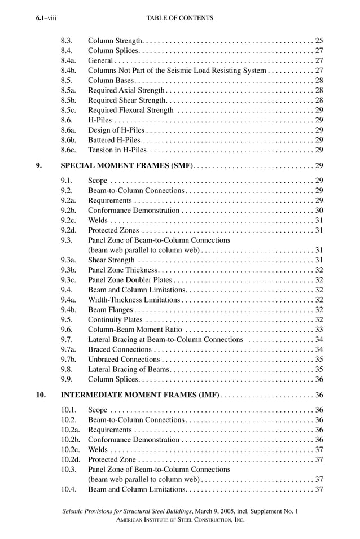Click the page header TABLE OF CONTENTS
tap(179, 18)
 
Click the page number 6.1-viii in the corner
tap(46, 18)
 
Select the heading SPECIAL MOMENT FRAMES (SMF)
tap(127, 165)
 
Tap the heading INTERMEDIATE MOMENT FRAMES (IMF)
tap(140, 395)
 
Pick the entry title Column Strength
tap(116, 41)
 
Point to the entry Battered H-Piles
tap(115, 140)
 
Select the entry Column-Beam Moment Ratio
tap(134, 330)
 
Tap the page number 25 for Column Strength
tap(319, 41)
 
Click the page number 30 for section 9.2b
tap(319, 211)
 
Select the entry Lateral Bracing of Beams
tap(129, 369)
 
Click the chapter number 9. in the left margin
tap(39, 165)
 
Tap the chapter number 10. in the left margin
tap(41, 395)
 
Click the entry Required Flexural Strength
tap(131, 110)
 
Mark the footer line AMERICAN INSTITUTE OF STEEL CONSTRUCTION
tap(179, 520)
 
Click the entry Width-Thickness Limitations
tap(134, 300)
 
